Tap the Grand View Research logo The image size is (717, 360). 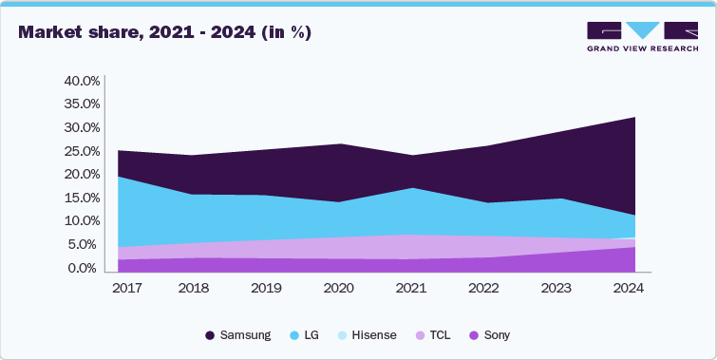pos(643,37)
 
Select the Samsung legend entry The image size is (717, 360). pos(238,335)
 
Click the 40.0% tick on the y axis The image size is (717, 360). pos(81,81)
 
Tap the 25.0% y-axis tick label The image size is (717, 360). pos(81,151)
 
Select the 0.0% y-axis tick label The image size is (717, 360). pos(83,269)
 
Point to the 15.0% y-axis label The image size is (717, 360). pos(81,198)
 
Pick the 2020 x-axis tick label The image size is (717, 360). pos(340,287)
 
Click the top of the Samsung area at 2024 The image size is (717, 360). pos(634,117)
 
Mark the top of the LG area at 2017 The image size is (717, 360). pos(119,177)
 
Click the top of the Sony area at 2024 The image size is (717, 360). pos(634,247)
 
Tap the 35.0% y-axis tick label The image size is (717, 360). pos(81,104)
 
